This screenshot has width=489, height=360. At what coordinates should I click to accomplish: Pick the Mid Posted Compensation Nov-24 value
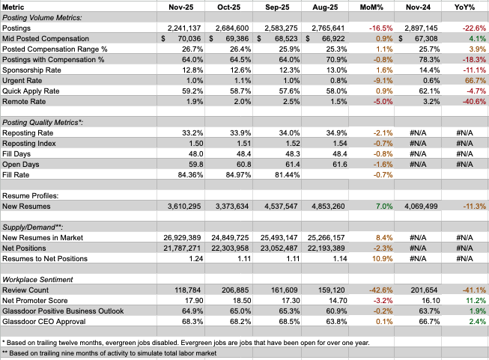tap(411, 37)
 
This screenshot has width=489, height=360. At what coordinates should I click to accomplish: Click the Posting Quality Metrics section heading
tap(43, 121)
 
